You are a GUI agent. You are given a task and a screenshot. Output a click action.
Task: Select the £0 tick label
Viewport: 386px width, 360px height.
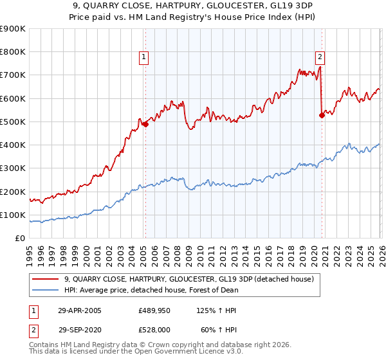coord(20,239)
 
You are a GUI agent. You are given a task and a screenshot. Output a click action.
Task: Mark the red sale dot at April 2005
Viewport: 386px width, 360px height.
coord(145,124)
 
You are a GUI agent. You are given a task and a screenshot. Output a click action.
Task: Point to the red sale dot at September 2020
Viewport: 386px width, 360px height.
coord(322,115)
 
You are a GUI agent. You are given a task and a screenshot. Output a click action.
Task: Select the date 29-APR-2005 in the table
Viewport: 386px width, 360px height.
coord(80,310)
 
